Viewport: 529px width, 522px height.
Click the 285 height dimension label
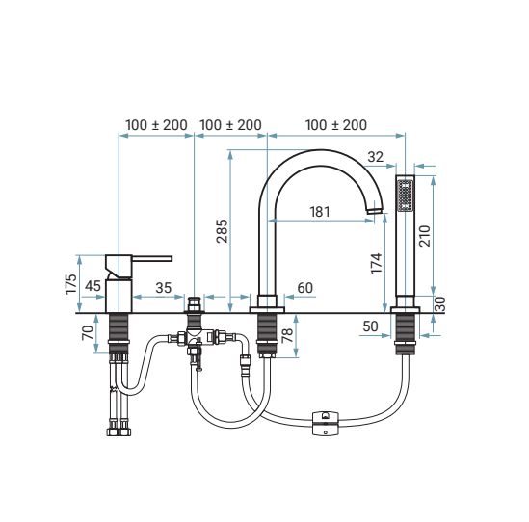[x=223, y=231]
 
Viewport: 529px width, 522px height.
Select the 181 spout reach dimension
[x=320, y=212]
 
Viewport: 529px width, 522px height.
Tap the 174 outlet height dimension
[x=377, y=263]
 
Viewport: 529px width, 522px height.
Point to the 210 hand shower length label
[x=425, y=236]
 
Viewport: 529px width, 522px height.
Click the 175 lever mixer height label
[x=71, y=284]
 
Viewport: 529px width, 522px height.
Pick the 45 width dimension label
[x=93, y=286]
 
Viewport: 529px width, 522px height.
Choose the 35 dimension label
[x=164, y=288]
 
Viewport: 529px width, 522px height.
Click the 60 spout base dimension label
[x=305, y=288]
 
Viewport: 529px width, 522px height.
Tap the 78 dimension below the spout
[x=287, y=335]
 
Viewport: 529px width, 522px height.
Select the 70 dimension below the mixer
[x=88, y=332]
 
